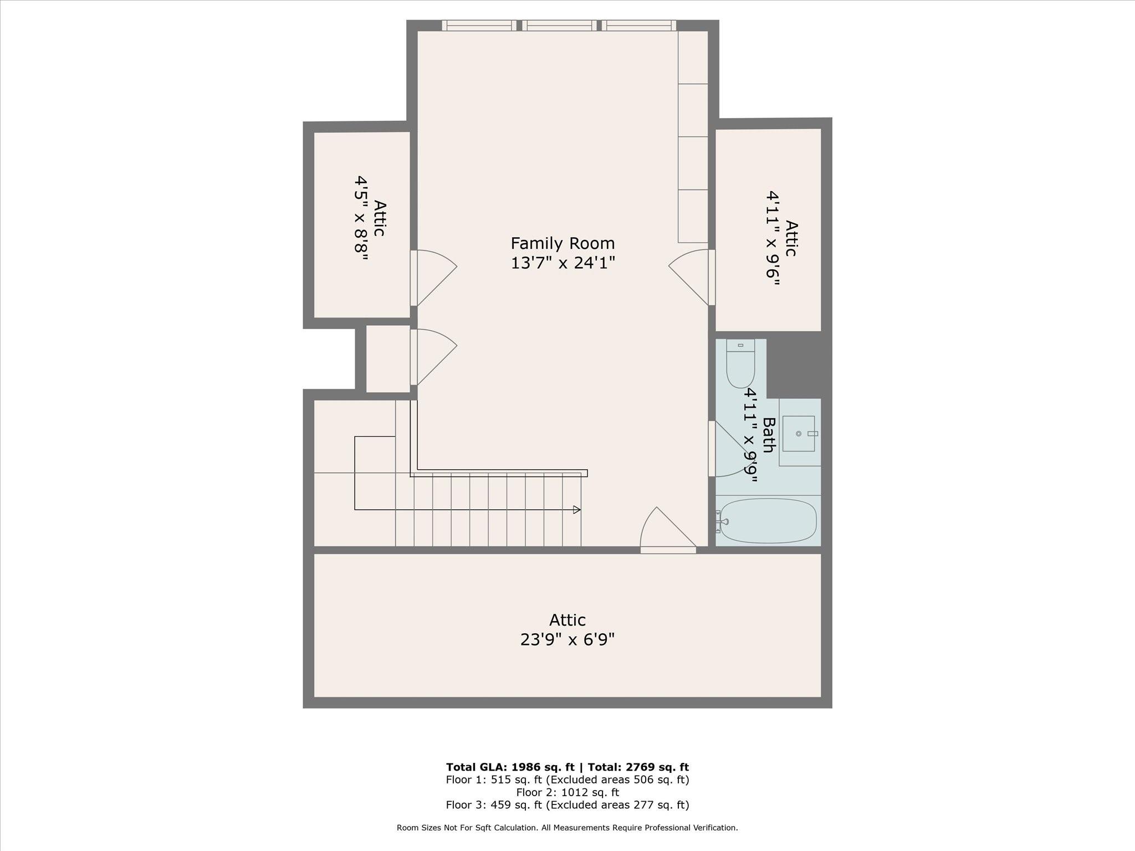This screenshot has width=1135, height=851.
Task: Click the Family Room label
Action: click(x=563, y=252)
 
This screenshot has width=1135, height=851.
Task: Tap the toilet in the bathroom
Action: click(x=740, y=366)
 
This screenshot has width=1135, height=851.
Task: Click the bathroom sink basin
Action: click(x=799, y=434)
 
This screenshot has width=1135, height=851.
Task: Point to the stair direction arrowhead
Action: click(x=577, y=510)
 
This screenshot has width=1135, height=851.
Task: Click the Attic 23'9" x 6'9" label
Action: click(x=567, y=629)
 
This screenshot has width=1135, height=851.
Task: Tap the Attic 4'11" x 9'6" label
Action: click(x=782, y=238)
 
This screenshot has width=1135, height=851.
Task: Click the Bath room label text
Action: click(x=768, y=435)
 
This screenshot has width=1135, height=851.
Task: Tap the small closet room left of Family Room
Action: click(x=388, y=358)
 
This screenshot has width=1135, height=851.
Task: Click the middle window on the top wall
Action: click(x=559, y=25)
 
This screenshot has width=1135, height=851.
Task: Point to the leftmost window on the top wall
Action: click(x=478, y=25)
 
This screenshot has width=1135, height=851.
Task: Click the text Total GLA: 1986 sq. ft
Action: click(x=510, y=767)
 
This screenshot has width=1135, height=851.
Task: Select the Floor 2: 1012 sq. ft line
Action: click(x=567, y=792)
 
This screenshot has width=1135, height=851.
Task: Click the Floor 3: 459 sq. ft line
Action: click(x=567, y=805)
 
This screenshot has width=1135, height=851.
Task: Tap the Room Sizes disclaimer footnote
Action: click(x=567, y=828)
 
